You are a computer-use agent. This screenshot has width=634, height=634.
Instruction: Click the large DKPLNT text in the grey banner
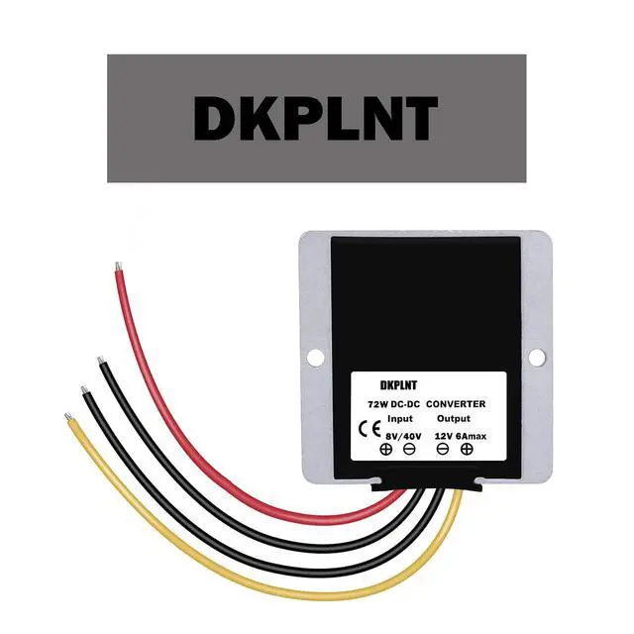pyautogui.click(x=316, y=119)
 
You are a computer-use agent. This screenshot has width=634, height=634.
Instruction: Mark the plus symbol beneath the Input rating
pyautogui.click(x=386, y=449)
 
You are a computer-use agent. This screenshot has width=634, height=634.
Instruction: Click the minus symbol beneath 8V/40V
pyautogui.click(x=409, y=449)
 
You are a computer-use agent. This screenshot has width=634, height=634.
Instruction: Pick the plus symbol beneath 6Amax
pyautogui.click(x=467, y=449)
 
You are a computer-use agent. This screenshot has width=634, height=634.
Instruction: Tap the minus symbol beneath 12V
pyautogui.click(x=443, y=449)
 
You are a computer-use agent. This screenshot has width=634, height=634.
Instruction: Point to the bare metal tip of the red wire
pyautogui.click(x=118, y=265)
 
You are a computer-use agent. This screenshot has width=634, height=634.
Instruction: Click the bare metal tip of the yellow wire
pyautogui.click(x=68, y=416)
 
